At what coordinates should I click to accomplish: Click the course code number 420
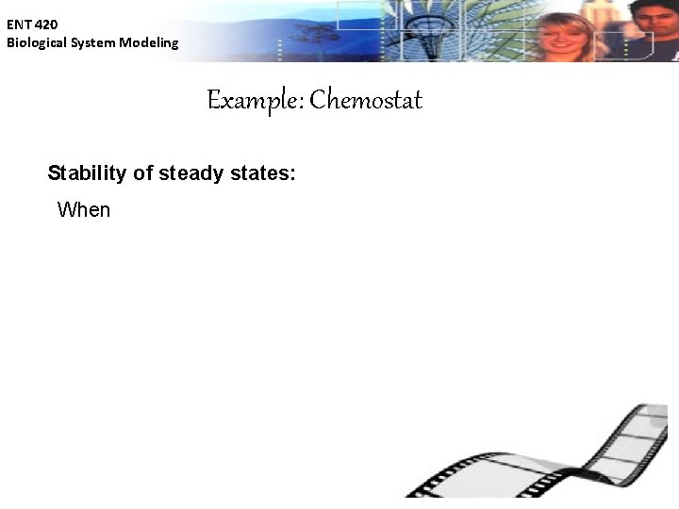46,25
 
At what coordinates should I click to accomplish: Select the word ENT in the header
19,25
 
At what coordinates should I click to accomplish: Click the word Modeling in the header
148,42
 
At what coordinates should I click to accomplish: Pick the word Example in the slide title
252,100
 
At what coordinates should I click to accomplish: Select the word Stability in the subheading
86,173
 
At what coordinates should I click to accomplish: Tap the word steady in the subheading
191,173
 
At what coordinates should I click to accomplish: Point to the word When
84,209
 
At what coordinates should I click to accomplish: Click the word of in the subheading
143,173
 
